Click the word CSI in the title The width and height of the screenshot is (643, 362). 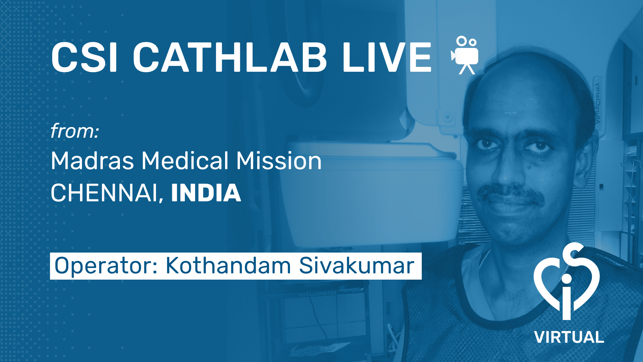click(84, 57)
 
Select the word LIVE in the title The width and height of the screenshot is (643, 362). click(387, 57)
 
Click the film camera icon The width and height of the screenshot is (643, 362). click(465, 55)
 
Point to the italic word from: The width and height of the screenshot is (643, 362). click(75, 131)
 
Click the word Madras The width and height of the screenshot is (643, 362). click(92, 161)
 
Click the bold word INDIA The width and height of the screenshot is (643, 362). click(206, 193)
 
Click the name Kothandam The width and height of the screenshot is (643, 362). click(228, 265)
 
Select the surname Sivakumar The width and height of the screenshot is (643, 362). click(357, 265)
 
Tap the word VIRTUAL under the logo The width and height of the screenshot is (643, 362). click(569, 337)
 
